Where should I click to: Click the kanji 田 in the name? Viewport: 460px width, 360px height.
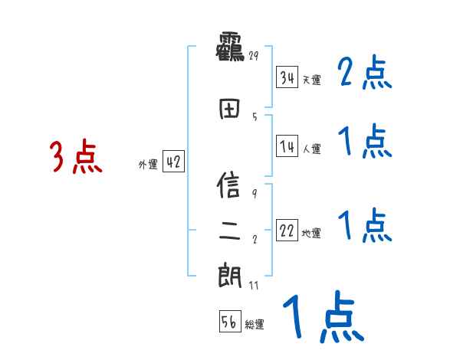230,109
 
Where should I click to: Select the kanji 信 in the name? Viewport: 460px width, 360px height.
230,187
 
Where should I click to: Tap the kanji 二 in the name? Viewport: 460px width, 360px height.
230,229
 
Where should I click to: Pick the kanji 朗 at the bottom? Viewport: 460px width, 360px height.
230,275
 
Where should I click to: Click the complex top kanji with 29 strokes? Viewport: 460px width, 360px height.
229,47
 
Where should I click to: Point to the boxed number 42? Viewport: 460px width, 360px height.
173,162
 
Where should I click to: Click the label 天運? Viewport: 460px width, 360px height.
311,80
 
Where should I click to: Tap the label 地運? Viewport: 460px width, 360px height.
311,233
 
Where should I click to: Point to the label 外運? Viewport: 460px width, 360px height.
148,164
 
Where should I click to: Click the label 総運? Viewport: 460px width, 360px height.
255,325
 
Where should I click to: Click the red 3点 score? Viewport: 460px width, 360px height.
76,158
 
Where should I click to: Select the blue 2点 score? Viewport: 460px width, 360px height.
365,74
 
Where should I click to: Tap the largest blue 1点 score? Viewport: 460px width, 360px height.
323,319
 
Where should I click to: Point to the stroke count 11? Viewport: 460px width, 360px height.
255,285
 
